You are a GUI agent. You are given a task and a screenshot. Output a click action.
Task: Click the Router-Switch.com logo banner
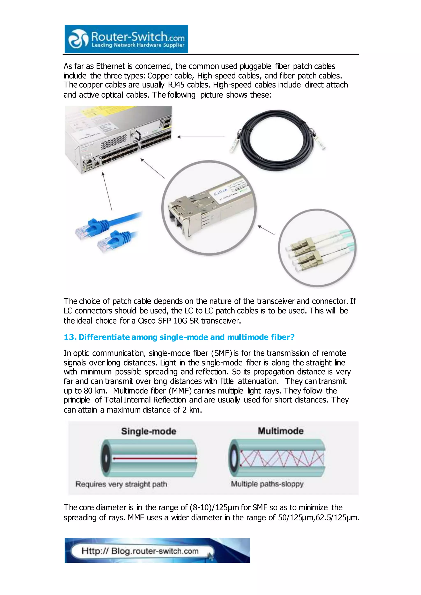(126, 39)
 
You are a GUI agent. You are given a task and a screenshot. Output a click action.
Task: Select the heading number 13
(69, 337)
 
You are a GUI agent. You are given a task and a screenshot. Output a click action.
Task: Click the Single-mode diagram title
(149, 431)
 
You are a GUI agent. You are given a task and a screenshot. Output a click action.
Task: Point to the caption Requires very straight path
(121, 484)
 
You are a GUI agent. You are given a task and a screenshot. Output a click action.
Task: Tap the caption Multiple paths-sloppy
(267, 484)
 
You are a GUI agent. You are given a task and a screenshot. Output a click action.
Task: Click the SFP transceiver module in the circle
(207, 207)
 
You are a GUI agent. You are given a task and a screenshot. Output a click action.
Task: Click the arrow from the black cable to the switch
(201, 137)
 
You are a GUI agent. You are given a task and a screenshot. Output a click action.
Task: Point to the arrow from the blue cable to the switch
(107, 192)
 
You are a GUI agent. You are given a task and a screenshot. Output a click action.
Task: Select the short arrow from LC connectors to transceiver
(266, 230)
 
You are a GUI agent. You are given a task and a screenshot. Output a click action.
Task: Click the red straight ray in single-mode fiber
(155, 458)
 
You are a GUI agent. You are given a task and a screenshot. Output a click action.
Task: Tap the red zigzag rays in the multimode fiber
(281, 458)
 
